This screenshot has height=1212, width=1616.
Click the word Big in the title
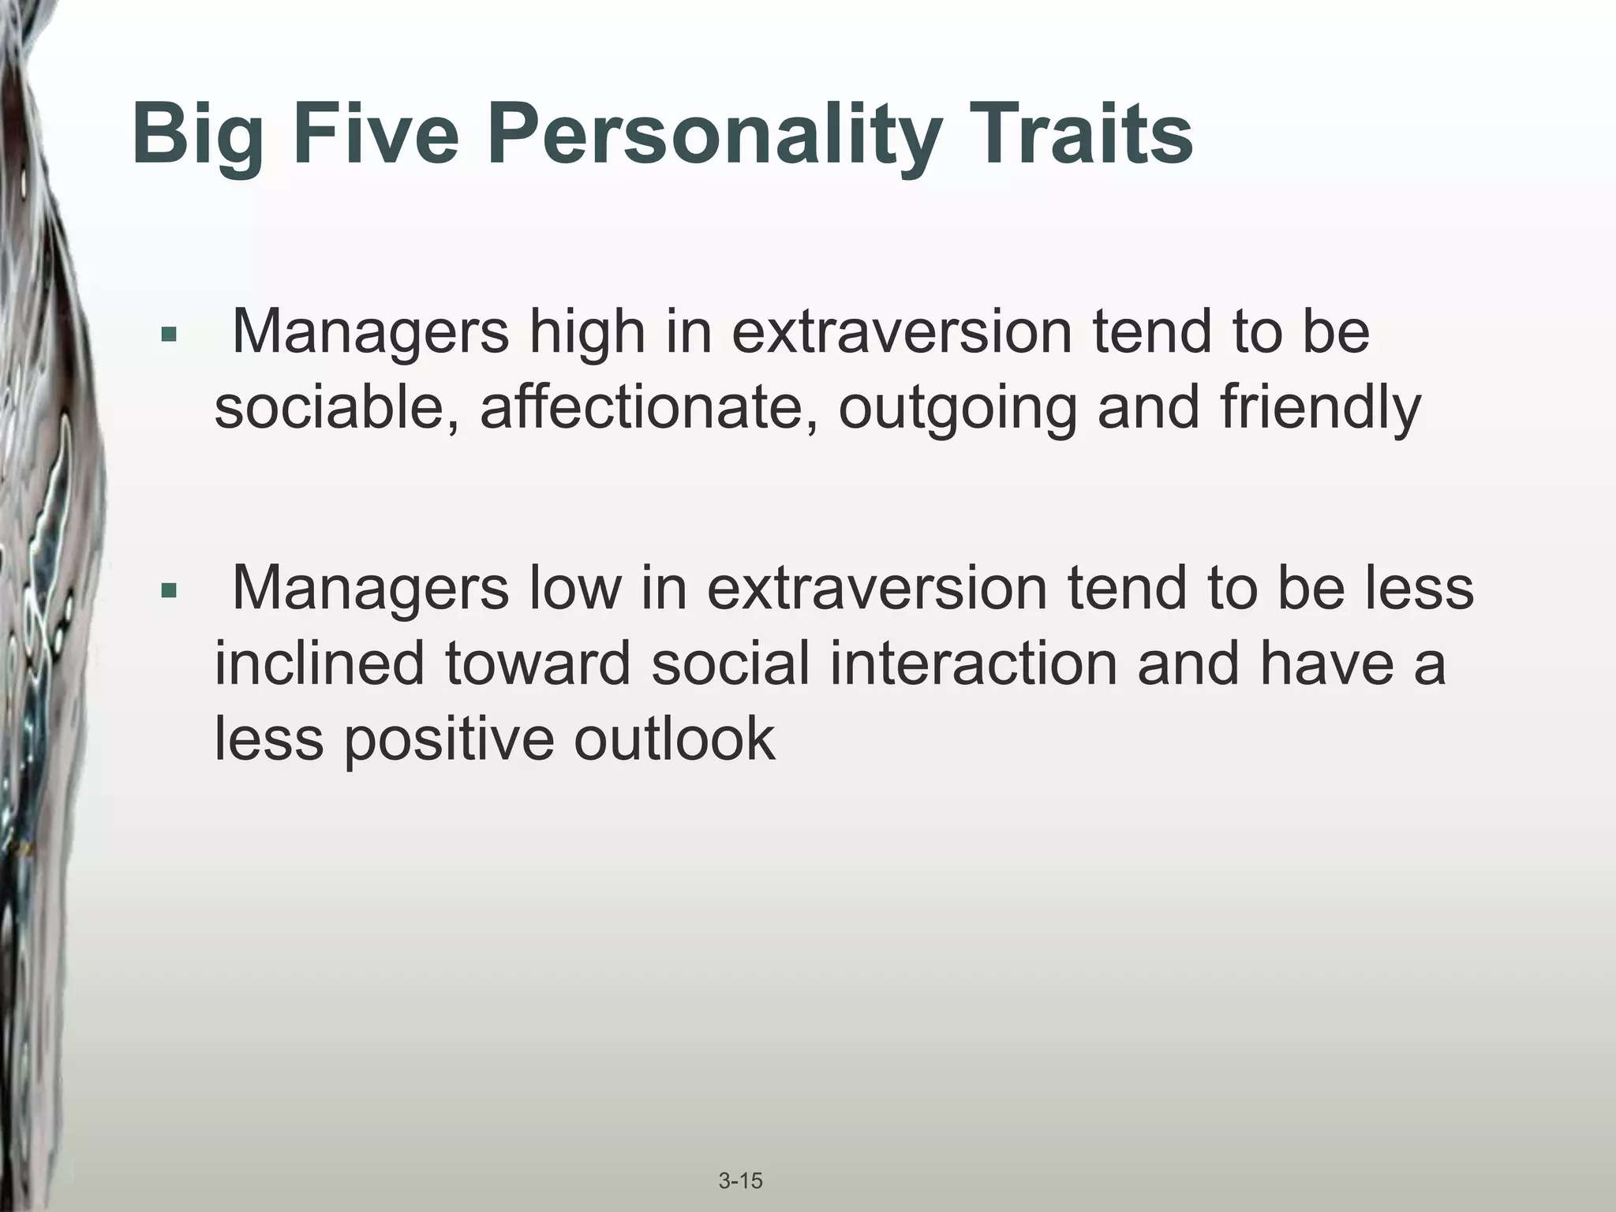point(197,136)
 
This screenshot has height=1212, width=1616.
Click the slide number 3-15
point(740,1159)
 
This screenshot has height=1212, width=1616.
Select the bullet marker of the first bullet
point(167,335)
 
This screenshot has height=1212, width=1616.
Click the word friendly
point(1320,408)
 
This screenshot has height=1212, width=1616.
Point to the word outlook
point(674,739)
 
